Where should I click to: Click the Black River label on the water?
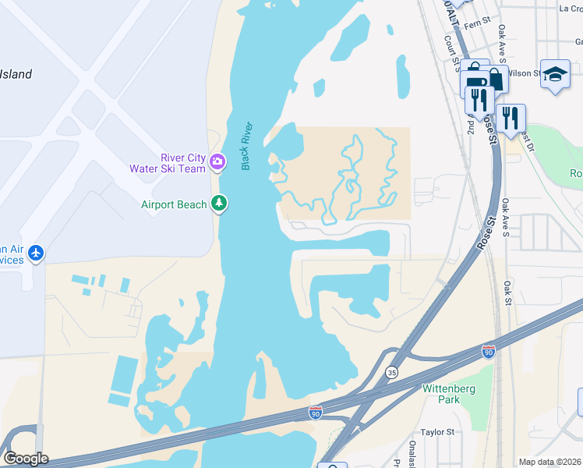tap(247, 146)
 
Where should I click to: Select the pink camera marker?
tap(217, 163)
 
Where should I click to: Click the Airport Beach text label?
tap(174, 204)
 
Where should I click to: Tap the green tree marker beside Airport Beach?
tap(220, 204)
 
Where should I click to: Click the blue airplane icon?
tap(36, 253)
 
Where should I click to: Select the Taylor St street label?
tap(437, 431)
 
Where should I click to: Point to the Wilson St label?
tap(524, 73)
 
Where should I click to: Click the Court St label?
tap(449, 51)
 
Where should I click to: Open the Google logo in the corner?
tap(26, 459)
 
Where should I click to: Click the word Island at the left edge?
tap(16, 75)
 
